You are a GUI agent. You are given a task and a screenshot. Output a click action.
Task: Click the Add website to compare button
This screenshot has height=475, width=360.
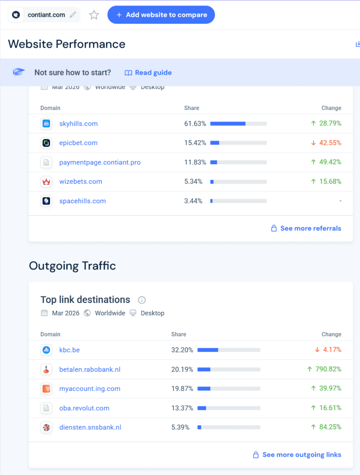(161, 15)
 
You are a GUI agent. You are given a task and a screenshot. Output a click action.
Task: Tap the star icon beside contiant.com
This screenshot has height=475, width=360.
(94, 15)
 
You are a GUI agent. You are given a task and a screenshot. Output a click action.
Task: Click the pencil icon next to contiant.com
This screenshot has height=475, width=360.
(73, 15)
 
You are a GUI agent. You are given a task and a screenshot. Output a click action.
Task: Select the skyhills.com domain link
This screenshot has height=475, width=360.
(78, 124)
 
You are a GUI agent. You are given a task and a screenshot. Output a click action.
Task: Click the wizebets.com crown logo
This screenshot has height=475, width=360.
(46, 182)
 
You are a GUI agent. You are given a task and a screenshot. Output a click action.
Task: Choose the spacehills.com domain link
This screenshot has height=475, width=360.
(83, 201)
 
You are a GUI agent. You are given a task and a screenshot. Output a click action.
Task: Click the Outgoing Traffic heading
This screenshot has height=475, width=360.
(72, 266)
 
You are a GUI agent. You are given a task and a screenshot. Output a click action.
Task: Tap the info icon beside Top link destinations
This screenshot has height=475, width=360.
(142, 300)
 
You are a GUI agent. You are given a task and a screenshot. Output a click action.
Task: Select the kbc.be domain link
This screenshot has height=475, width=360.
(70, 350)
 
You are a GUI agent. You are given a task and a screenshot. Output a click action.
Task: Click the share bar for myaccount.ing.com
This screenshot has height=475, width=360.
(229, 389)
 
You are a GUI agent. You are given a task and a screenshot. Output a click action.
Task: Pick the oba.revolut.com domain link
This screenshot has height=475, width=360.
(84, 408)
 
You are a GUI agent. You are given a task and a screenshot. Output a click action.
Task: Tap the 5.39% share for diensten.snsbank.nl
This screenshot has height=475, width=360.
(180, 427)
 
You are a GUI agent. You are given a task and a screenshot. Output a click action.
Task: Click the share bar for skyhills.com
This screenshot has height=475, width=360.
(238, 124)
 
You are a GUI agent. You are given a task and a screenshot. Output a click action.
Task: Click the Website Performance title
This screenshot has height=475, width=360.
(67, 44)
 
